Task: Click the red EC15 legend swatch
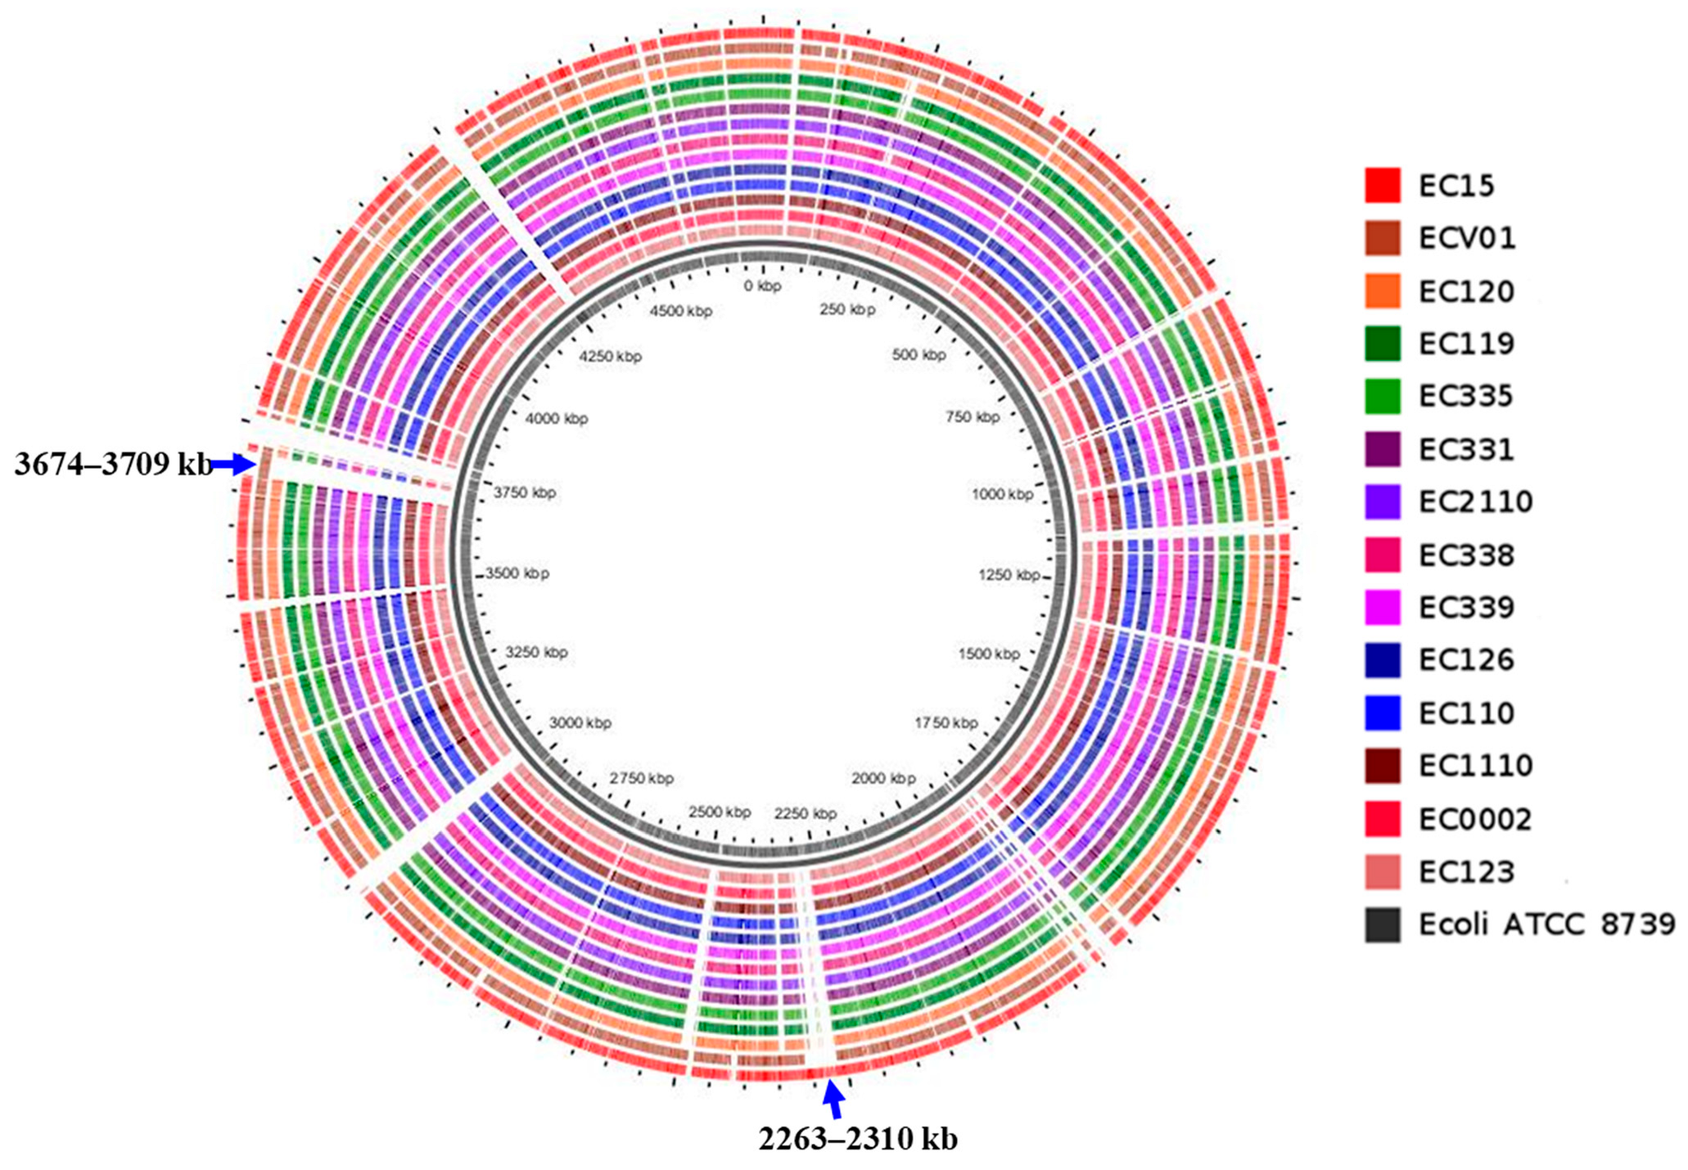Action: pyautogui.click(x=1382, y=185)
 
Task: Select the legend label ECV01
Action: pyautogui.click(x=1467, y=238)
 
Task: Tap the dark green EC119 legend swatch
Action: pyautogui.click(x=1382, y=344)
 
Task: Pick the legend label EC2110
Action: pyautogui.click(x=1475, y=502)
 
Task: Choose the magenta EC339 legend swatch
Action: pyautogui.click(x=1382, y=607)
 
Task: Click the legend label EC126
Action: pyautogui.click(x=1467, y=660)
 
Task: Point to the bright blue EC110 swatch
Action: pyautogui.click(x=1382, y=713)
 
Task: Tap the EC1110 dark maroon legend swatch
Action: pyautogui.click(x=1382, y=766)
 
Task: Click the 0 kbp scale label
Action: pyautogui.click(x=762, y=286)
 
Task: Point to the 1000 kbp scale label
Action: pyautogui.click(x=1002, y=494)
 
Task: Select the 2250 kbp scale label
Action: pyautogui.click(x=806, y=813)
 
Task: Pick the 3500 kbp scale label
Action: pyautogui.click(x=517, y=574)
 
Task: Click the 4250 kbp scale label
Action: pyautogui.click(x=610, y=357)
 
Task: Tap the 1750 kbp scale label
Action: pyautogui.click(x=946, y=722)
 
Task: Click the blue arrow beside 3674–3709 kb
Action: pyautogui.click(x=235, y=465)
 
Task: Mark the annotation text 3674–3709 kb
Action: pyautogui.click(x=113, y=465)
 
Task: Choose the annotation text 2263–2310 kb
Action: pyautogui.click(x=857, y=1139)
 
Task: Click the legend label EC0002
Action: pyautogui.click(x=1475, y=819)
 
